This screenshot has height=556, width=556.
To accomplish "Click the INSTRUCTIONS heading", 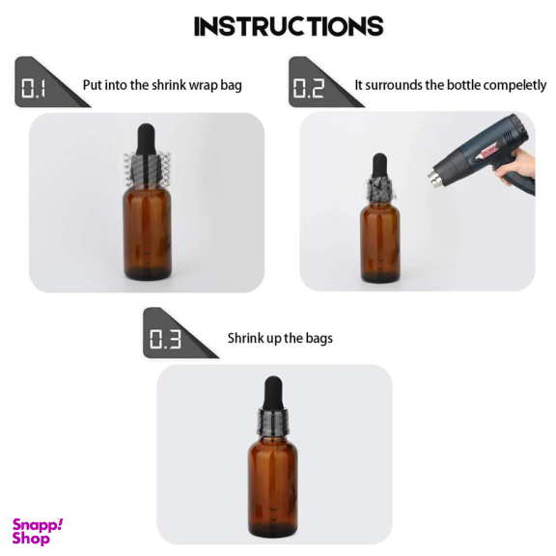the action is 289,26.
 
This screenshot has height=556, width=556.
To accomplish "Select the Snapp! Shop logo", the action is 38,531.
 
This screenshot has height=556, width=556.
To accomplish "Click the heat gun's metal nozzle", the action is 435,178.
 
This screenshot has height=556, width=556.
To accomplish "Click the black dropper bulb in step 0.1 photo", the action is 147,139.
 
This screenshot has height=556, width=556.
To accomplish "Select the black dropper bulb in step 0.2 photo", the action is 379,166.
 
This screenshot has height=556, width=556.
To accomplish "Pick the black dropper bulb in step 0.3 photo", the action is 273,393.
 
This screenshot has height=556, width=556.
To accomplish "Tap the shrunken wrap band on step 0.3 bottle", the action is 273,423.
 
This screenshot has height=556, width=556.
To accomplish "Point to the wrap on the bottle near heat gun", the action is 379,190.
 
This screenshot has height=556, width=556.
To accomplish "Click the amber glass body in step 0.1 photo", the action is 148,233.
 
